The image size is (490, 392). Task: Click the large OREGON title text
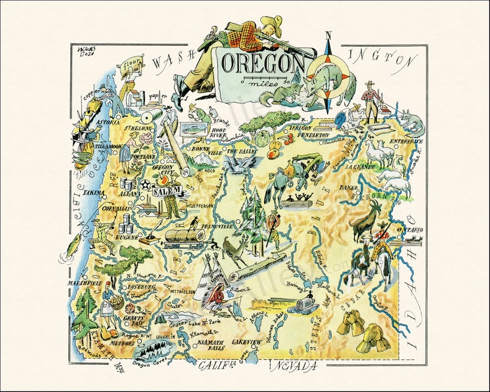tap(262, 63)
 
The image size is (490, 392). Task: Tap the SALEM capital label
tap(167, 192)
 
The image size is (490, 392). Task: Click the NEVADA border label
tap(294, 367)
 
